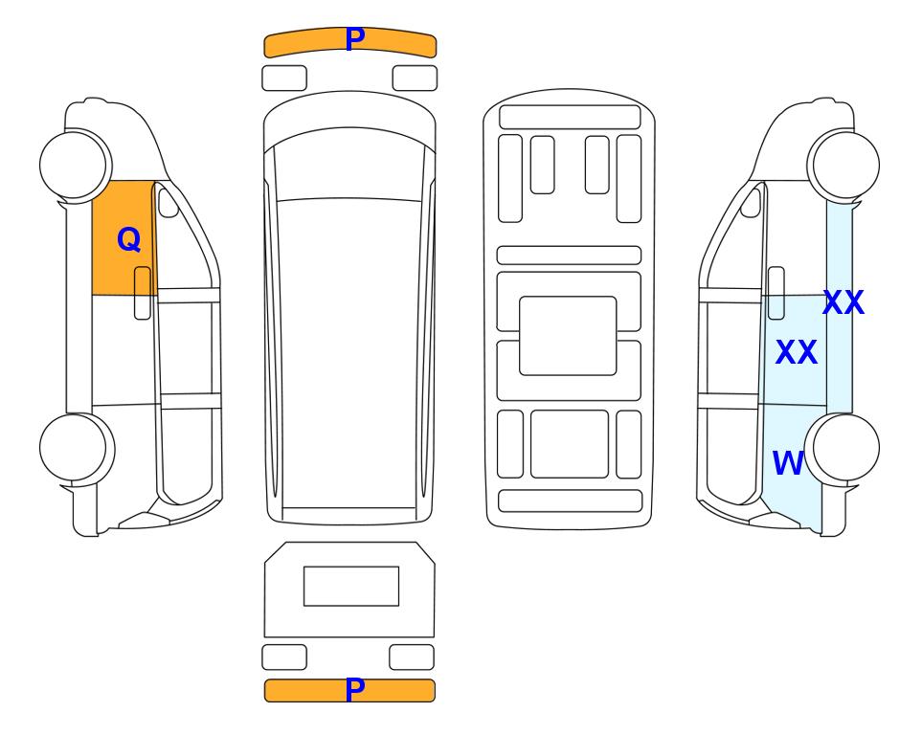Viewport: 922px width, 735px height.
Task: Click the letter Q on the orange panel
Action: click(129, 240)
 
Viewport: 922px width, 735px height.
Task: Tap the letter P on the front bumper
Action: click(355, 39)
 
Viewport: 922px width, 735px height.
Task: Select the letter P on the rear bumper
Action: click(355, 690)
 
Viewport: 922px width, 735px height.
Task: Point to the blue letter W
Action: click(788, 463)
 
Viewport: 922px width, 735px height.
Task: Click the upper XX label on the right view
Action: click(843, 302)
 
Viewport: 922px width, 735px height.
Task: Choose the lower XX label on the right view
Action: click(797, 352)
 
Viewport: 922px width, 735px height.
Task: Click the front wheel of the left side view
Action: click(76, 165)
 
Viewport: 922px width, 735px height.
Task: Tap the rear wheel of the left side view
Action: click(77, 448)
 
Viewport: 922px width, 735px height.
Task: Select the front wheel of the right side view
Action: click(843, 165)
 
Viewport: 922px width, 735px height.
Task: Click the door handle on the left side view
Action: click(143, 293)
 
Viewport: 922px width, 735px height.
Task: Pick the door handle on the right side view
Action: click(776, 293)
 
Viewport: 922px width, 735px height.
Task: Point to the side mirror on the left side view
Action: click(169, 202)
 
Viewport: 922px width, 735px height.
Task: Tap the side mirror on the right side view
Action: click(751, 202)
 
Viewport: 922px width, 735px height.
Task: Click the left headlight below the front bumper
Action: click(284, 78)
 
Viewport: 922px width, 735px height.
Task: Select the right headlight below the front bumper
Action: click(415, 78)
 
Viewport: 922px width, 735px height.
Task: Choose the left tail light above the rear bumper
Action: click(284, 657)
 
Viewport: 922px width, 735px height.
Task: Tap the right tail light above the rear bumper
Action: click(412, 657)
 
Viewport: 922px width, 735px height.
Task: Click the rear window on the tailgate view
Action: click(351, 586)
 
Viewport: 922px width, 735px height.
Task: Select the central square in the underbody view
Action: click(568, 336)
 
